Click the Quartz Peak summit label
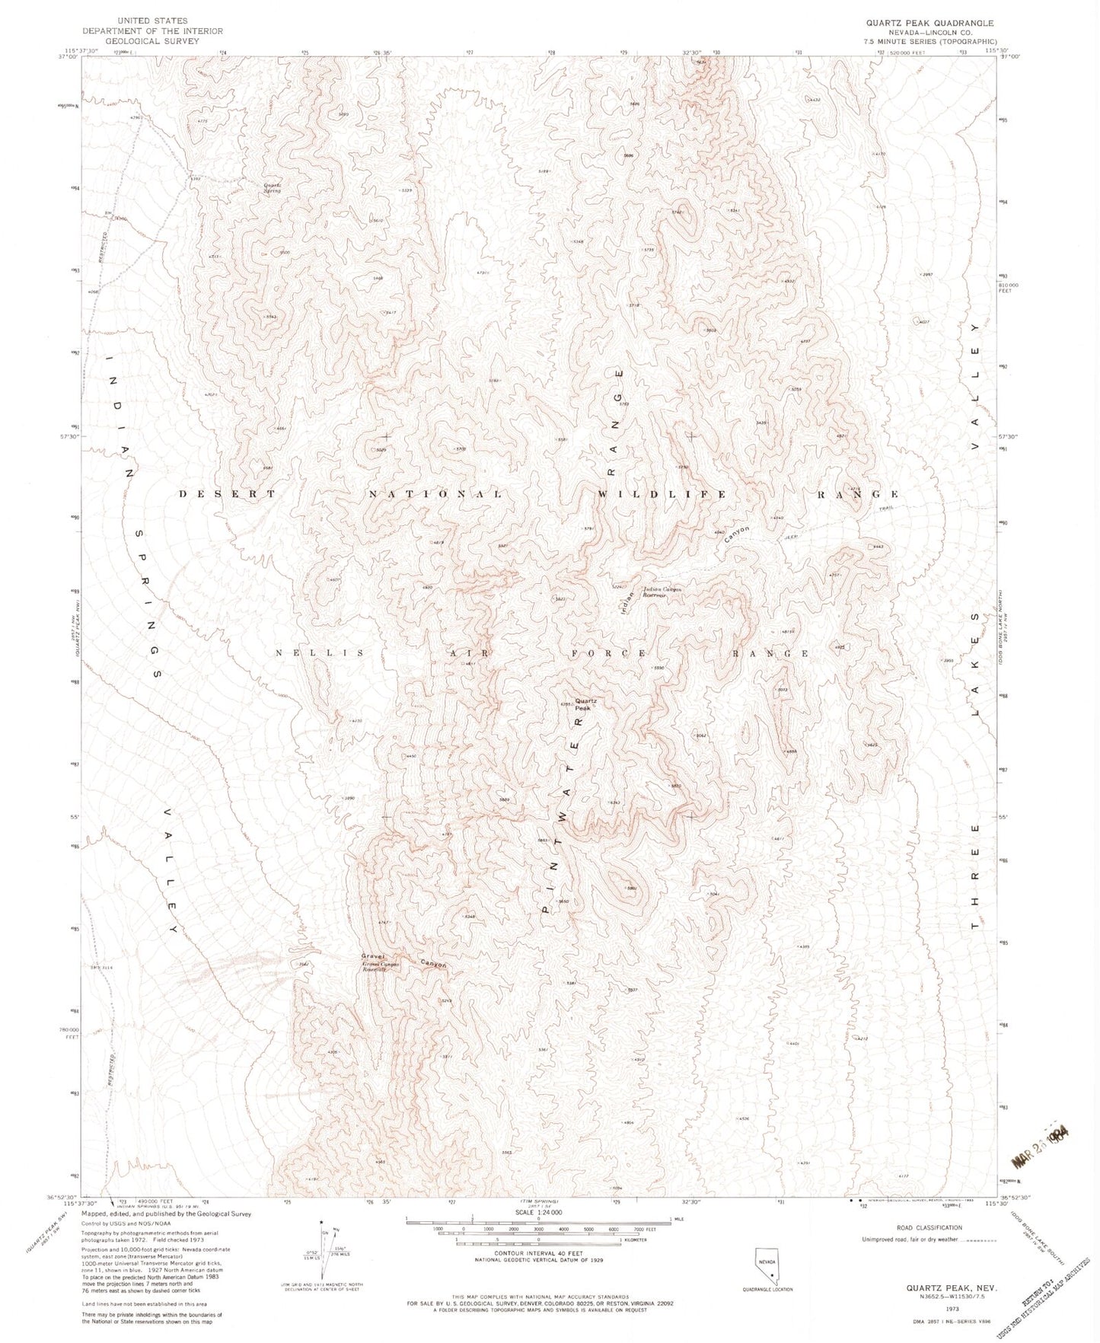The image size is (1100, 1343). (585, 703)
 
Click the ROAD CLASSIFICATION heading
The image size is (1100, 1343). (928, 1227)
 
